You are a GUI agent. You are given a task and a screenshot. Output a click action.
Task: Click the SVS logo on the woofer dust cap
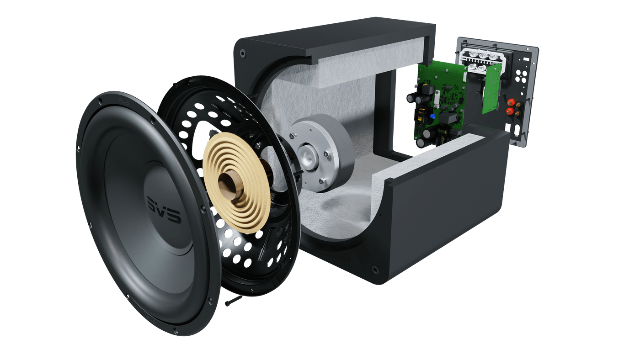164,209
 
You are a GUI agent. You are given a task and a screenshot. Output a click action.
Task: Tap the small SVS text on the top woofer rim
124,101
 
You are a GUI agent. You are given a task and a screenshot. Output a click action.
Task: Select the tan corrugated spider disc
237,183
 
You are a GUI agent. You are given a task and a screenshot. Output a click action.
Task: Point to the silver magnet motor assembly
321,153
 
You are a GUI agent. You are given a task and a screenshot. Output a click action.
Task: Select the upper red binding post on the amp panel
511,102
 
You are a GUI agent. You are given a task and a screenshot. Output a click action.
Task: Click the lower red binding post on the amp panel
509,111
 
